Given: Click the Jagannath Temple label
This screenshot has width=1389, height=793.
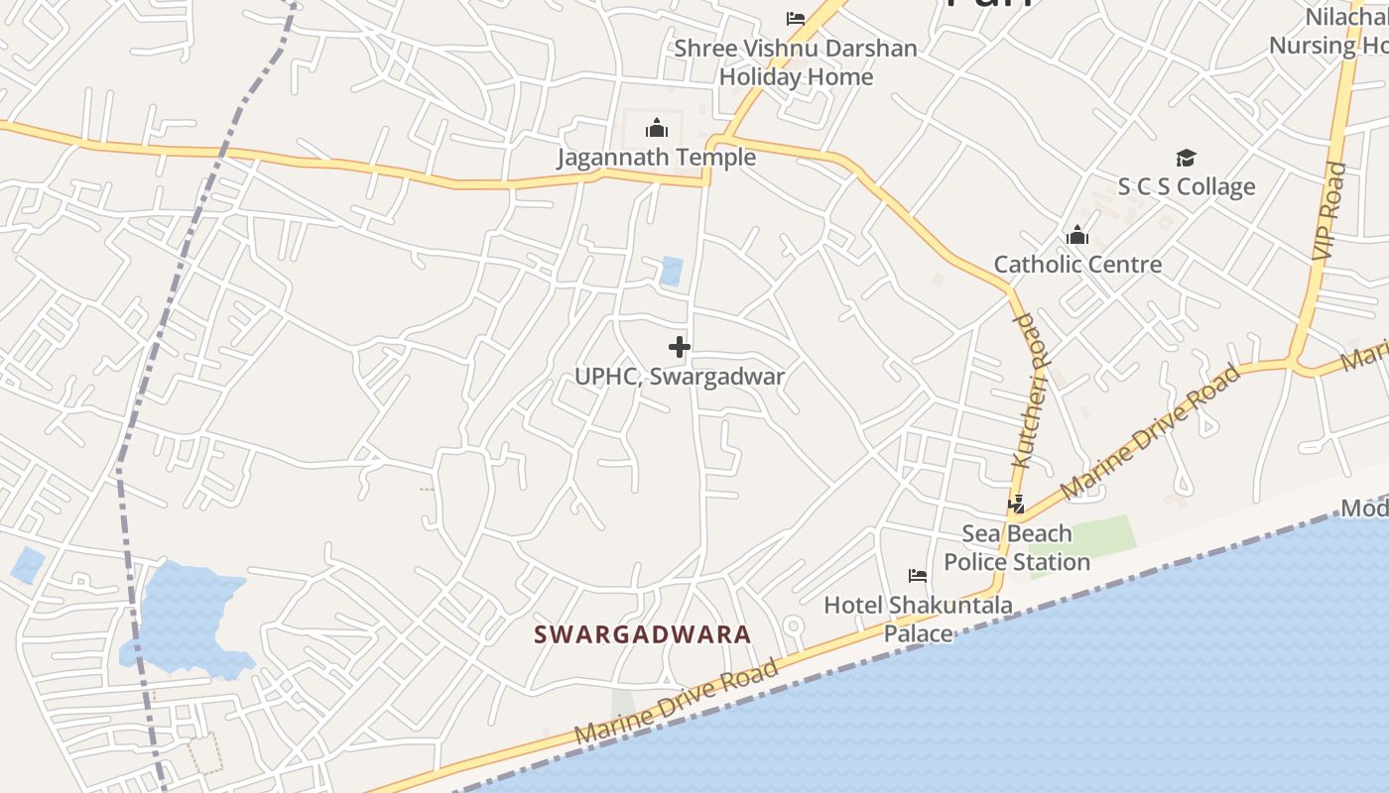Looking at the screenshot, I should (656, 158).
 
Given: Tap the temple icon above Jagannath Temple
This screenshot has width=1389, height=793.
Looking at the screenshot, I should (656, 129).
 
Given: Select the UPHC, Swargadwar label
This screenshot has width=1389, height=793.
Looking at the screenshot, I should (680, 377).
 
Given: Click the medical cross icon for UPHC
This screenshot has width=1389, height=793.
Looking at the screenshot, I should (680, 347).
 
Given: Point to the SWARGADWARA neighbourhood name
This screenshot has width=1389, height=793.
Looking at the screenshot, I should (643, 634).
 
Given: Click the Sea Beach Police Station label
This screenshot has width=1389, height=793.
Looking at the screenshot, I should (1017, 548).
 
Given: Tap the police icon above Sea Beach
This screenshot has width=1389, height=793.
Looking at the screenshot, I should (1016, 506).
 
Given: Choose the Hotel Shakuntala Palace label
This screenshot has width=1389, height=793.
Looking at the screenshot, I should (918, 619).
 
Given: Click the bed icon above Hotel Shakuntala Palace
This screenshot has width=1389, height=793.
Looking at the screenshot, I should (918, 575).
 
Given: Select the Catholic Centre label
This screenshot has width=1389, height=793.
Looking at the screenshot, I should (1077, 265).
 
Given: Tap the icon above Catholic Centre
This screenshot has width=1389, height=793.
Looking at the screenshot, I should (1077, 236).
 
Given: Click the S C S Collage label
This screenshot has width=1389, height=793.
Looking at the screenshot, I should (1187, 187).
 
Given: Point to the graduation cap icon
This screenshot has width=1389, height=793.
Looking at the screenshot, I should (1186, 159).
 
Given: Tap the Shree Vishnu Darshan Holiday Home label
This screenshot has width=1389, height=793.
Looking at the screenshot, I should (796, 62).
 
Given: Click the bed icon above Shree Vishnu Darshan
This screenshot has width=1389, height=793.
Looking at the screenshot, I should (795, 19).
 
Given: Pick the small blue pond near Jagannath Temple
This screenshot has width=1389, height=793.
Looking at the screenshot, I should (672, 271).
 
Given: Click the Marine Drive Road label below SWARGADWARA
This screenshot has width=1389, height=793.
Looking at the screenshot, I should (677, 702).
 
